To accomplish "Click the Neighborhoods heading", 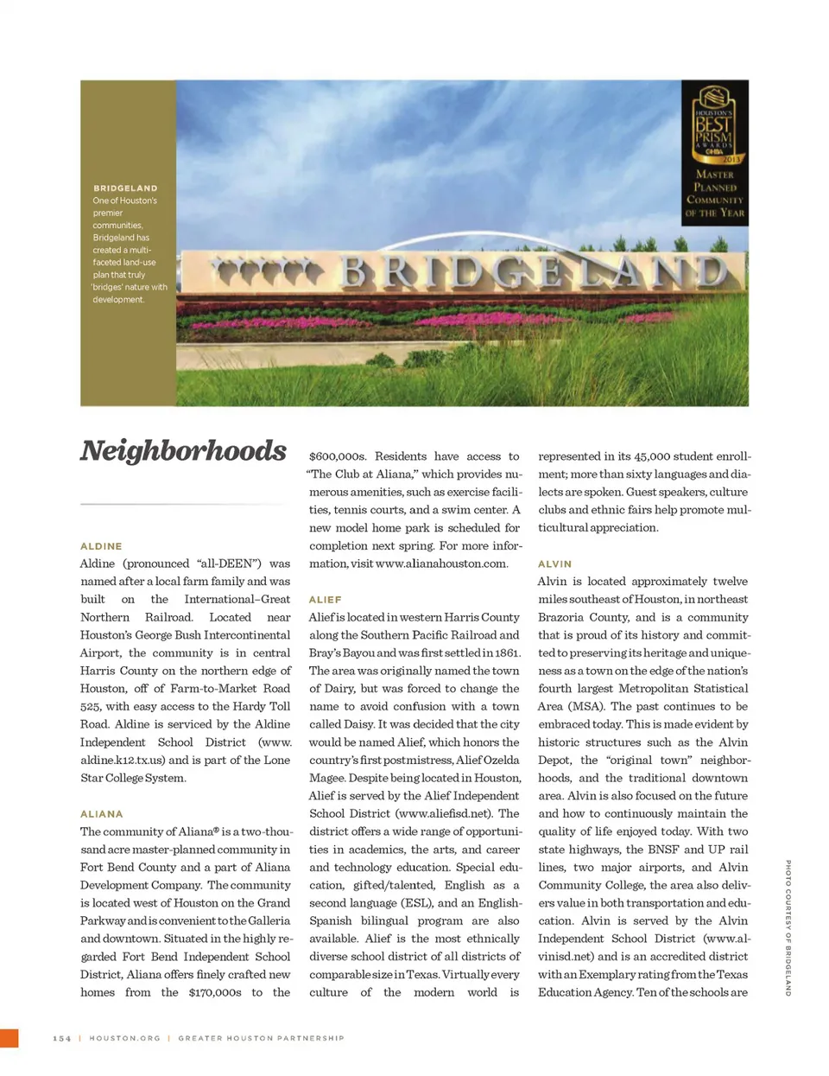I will pyautogui.click(x=183, y=451).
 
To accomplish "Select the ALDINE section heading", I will pyautogui.click(x=101, y=546).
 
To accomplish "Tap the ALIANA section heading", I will pyautogui.click(x=102, y=814).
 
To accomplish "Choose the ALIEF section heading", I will pyautogui.click(x=325, y=600).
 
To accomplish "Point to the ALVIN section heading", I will pyautogui.click(x=554, y=564).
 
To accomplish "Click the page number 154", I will pyautogui.click(x=62, y=1038).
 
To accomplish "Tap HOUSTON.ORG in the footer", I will pyautogui.click(x=125, y=1038).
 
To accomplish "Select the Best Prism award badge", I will pyautogui.click(x=714, y=152).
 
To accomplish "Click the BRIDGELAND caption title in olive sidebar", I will pyautogui.click(x=125, y=188).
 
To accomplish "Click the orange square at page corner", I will pyautogui.click(x=9, y=1038).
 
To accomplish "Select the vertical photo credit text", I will pyautogui.click(x=788, y=927).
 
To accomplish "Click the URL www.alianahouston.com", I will pyautogui.click(x=441, y=563).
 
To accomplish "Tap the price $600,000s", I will pyautogui.click(x=338, y=456).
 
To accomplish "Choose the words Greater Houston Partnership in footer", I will pyautogui.click(x=261, y=1038).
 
